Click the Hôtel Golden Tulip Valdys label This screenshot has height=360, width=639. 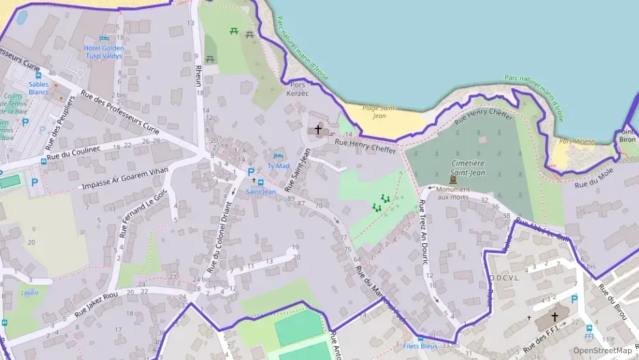pyautogui.click(x=103, y=52)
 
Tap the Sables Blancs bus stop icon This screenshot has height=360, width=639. pyautogui.click(x=38, y=76)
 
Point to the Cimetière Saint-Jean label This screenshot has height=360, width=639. pyautogui.click(x=468, y=168)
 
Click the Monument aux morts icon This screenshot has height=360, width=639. pyautogui.click(x=453, y=179)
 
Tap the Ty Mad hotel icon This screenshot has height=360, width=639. pyautogui.click(x=277, y=156)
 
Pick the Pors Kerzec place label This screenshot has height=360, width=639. pyautogui.click(x=298, y=89)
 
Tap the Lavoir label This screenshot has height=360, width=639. pyautogui.click(x=30, y=292)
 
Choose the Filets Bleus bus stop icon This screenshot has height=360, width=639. pyautogui.click(x=420, y=337)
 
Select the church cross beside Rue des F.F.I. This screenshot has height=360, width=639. pyautogui.click(x=554, y=317)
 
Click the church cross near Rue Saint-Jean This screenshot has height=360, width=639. pyautogui.click(x=318, y=128)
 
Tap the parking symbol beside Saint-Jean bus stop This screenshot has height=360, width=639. pyautogui.click(x=251, y=171)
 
